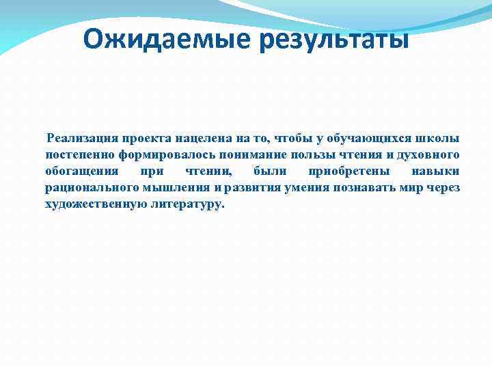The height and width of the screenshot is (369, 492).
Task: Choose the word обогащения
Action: (x=81, y=172)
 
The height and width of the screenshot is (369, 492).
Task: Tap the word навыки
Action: (x=436, y=172)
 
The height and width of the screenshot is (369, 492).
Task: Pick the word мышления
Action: (x=176, y=188)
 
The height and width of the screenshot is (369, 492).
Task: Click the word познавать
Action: (x=375, y=188)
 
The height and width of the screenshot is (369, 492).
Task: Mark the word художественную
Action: (x=95, y=204)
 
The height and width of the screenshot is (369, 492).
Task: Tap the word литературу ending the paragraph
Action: (x=186, y=204)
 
